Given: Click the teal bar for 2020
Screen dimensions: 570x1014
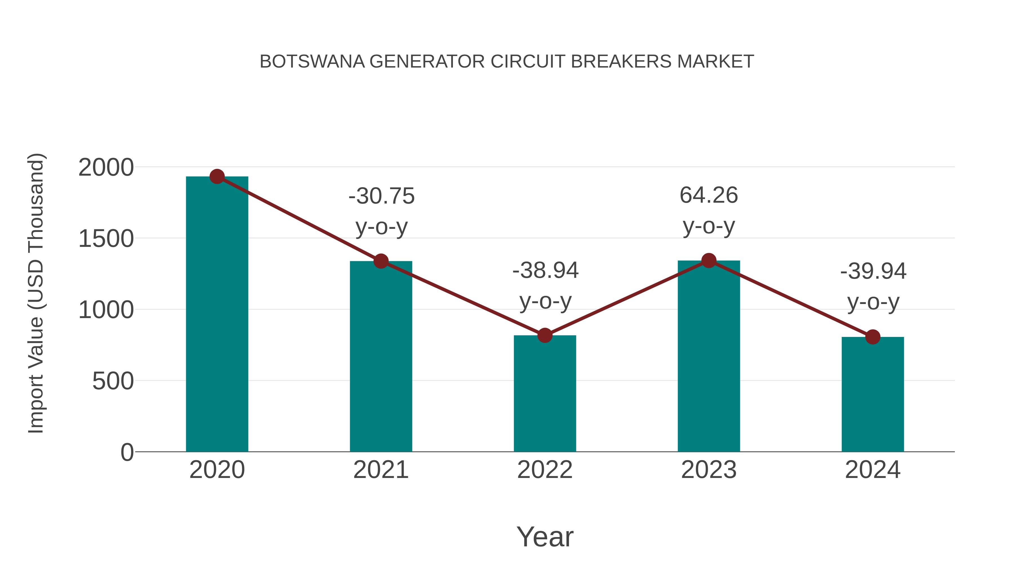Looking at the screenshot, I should [x=217, y=315].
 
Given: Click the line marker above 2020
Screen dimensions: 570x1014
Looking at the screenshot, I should [x=217, y=176].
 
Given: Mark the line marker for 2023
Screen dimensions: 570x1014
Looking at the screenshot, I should [x=709, y=260].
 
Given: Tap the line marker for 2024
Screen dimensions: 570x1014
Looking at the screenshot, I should [x=873, y=337].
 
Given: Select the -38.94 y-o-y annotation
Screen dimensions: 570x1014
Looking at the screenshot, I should [x=545, y=286].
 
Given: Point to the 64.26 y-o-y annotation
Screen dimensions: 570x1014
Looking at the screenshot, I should [x=709, y=211].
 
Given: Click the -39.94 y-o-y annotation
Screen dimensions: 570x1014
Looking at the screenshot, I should [x=873, y=287].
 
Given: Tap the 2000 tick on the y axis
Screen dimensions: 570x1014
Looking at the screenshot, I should [x=106, y=167].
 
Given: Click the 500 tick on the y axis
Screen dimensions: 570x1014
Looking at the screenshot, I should [x=113, y=381].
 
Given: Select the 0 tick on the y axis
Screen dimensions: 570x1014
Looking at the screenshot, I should [x=127, y=452].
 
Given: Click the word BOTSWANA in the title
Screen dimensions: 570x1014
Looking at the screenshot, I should [x=312, y=62].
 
